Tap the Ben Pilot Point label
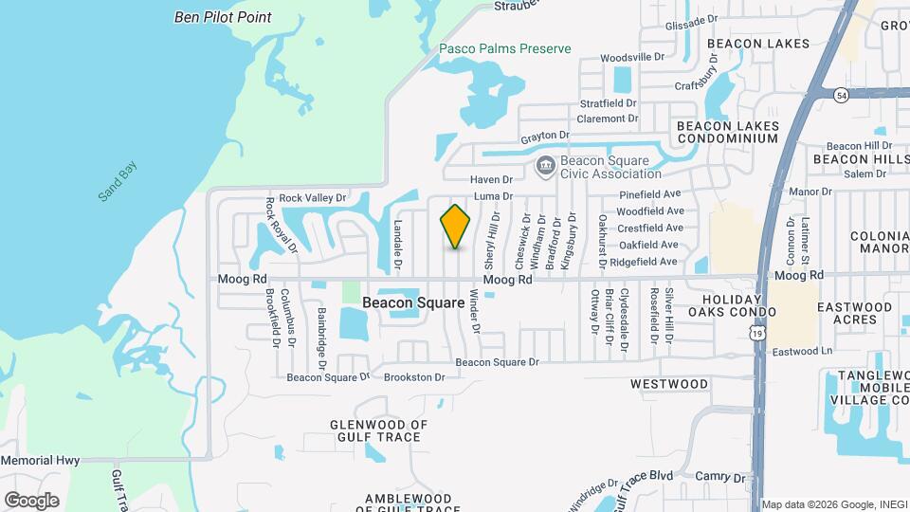point(223,17)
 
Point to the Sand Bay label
point(118,182)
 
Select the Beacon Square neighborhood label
point(413,303)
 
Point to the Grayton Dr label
point(544,137)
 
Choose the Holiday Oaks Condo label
point(732,304)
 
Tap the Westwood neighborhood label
point(669,384)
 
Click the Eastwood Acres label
point(854,313)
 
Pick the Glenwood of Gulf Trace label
point(379,430)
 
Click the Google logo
point(31,500)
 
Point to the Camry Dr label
point(720,476)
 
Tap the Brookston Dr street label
point(414,377)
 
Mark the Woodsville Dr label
point(632,58)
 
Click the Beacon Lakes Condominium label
point(727,132)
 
